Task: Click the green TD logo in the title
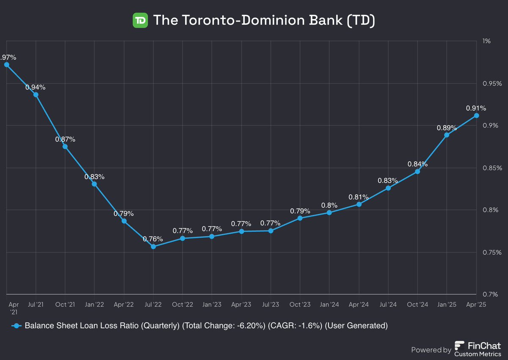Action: pos(140,20)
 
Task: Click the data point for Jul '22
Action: pos(153,246)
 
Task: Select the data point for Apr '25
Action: pos(476,115)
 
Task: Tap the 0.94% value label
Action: pos(35,87)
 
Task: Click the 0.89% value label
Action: pos(447,128)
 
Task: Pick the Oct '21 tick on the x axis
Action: pos(65,305)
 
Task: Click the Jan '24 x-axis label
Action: pos(329,305)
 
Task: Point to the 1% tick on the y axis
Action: pos(486,41)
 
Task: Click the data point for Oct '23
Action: pos(300,218)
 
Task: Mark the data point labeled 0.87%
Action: pos(65,146)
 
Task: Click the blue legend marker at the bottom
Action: pos(16,326)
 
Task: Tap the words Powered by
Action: pos(431,350)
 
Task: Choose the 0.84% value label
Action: pos(417,164)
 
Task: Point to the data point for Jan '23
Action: pos(212,236)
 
